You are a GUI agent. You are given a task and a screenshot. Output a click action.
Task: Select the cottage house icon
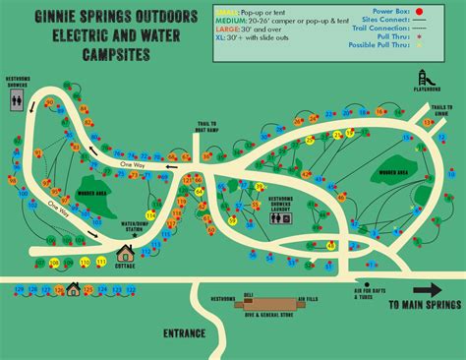[x=125, y=256]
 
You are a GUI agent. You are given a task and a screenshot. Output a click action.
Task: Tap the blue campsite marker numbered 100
[x=22, y=196]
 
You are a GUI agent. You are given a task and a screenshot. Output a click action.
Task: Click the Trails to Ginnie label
[x=442, y=108]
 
